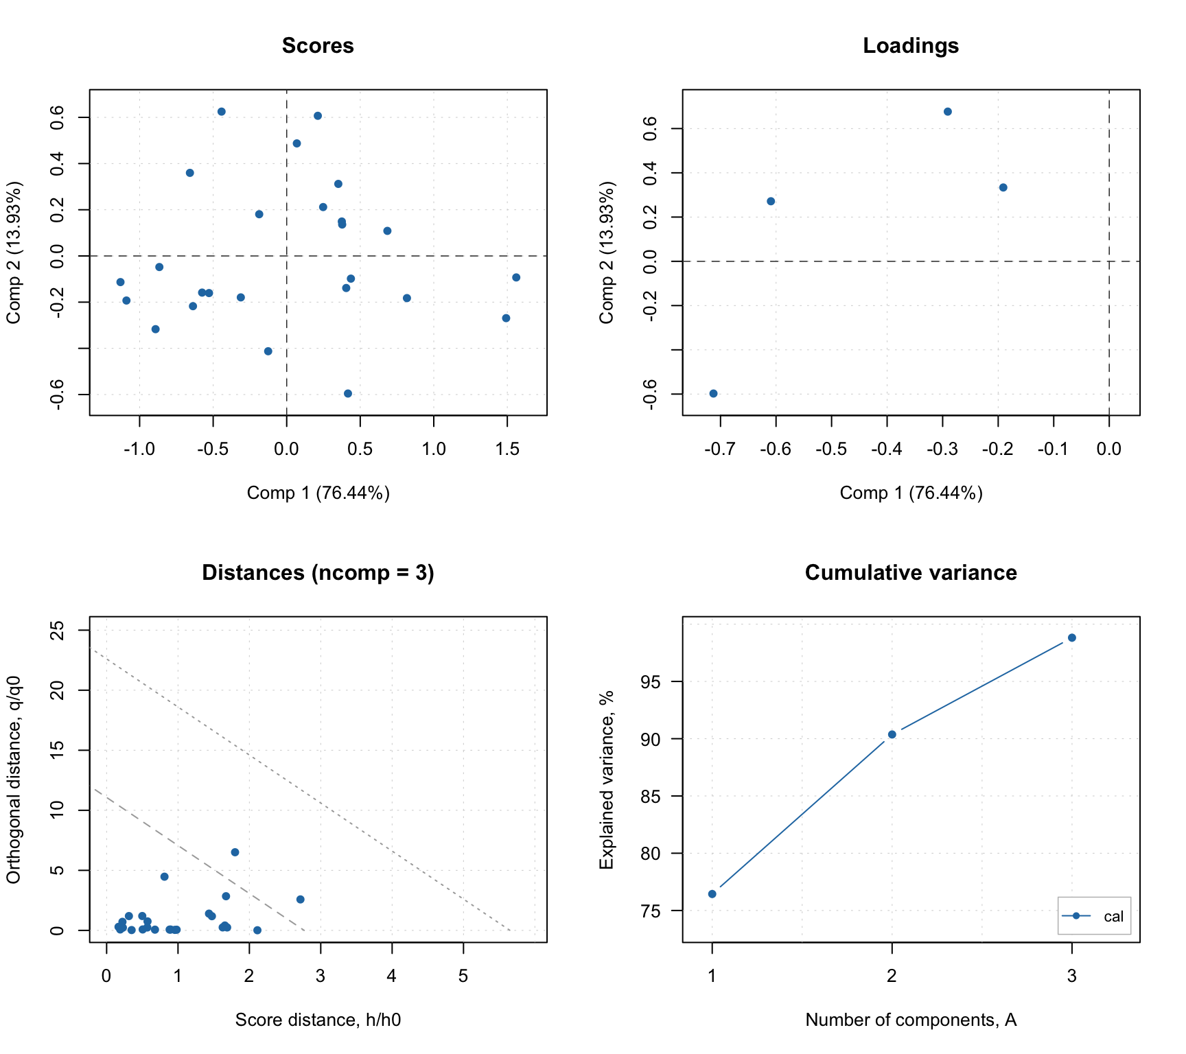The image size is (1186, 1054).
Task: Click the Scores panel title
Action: point(318,46)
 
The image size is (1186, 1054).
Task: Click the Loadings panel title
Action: point(911,46)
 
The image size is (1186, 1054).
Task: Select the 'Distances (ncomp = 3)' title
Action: point(318,573)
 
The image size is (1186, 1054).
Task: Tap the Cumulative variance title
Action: point(911,573)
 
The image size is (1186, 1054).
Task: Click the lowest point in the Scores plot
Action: point(348,394)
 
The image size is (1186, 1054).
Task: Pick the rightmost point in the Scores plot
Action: point(516,277)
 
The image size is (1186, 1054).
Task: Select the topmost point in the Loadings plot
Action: point(948,112)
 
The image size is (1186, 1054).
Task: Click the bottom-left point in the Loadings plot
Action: point(713,394)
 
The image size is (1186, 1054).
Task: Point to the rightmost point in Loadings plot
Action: point(1003,187)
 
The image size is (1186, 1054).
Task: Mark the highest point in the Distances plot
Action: point(235,852)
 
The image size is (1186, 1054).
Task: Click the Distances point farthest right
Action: point(300,900)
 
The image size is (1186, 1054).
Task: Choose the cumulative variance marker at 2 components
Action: point(892,734)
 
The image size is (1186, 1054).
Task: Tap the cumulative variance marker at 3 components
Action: point(1072,638)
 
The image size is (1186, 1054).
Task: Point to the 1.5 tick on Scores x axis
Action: point(507,449)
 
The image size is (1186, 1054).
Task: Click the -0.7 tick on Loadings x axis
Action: point(720,449)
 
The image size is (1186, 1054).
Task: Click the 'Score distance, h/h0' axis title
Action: point(318,1020)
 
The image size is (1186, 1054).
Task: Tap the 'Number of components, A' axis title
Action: point(911,1020)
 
